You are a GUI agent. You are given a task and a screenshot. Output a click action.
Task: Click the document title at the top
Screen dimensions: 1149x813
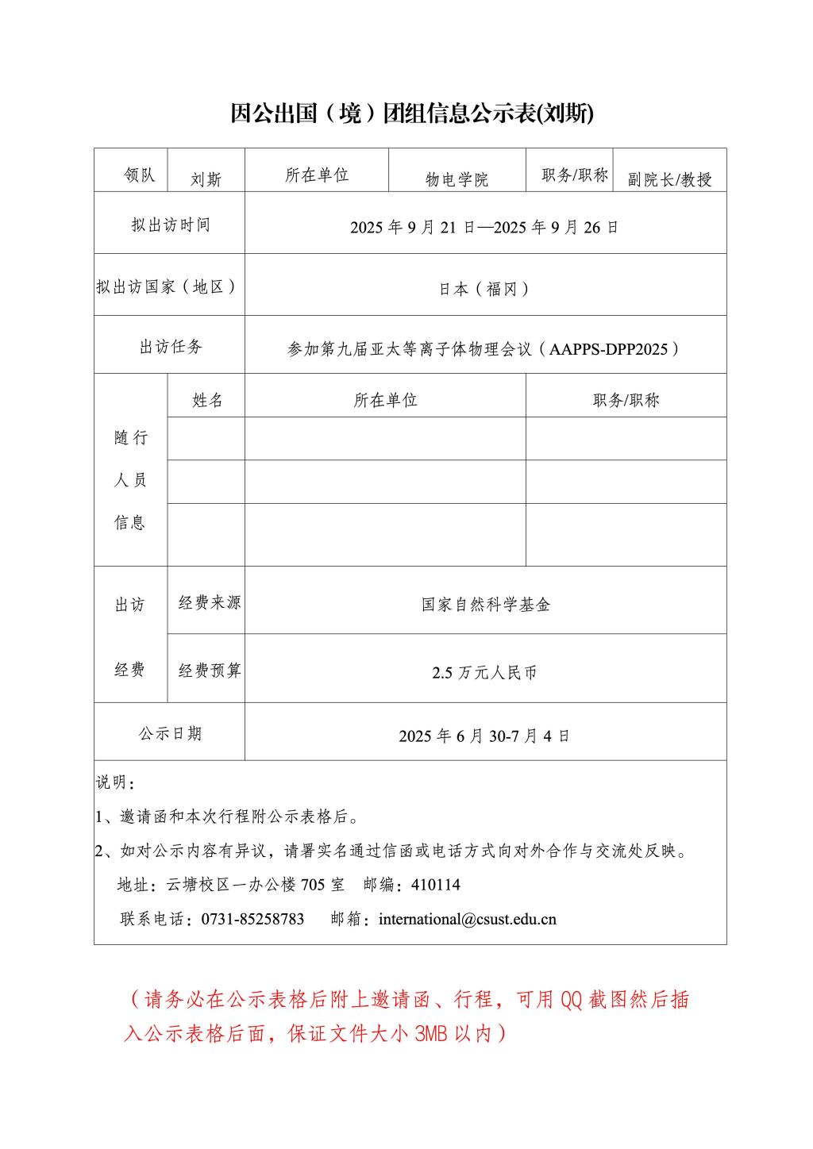pos(411,114)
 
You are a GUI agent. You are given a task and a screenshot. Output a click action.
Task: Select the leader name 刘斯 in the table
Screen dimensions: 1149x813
pos(206,179)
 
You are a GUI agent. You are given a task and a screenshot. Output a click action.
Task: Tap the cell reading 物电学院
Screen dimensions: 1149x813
pos(457,179)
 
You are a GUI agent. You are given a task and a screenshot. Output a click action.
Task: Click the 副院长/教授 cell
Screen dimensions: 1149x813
pos(669,179)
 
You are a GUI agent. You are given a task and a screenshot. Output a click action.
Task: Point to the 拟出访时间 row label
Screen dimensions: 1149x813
pos(170,225)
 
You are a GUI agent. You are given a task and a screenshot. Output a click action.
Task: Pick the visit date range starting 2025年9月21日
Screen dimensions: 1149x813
pos(484,228)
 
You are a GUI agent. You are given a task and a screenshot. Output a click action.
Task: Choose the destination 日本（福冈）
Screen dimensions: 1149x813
pos(484,289)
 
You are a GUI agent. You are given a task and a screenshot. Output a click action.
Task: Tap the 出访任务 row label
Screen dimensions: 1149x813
pos(170,347)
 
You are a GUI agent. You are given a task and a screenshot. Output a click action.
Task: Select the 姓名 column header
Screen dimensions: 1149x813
pos(206,400)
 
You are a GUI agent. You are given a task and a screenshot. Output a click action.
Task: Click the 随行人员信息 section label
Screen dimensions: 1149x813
pos(130,479)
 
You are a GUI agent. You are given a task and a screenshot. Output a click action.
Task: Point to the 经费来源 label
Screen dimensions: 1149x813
pos(209,602)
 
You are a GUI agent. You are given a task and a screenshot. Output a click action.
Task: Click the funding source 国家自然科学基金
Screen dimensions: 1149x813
pos(486,605)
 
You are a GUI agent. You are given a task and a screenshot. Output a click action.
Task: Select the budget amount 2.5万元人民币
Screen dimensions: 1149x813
pos(484,673)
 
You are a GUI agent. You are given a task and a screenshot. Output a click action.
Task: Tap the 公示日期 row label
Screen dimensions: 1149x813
pos(170,733)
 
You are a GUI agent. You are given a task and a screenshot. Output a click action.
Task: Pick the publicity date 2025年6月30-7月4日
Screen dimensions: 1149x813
pos(484,736)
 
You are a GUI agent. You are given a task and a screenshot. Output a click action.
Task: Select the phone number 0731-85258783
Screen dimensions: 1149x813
pos(252,919)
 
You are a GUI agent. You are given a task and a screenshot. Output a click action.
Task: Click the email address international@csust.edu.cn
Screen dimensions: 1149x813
pos(468,919)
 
